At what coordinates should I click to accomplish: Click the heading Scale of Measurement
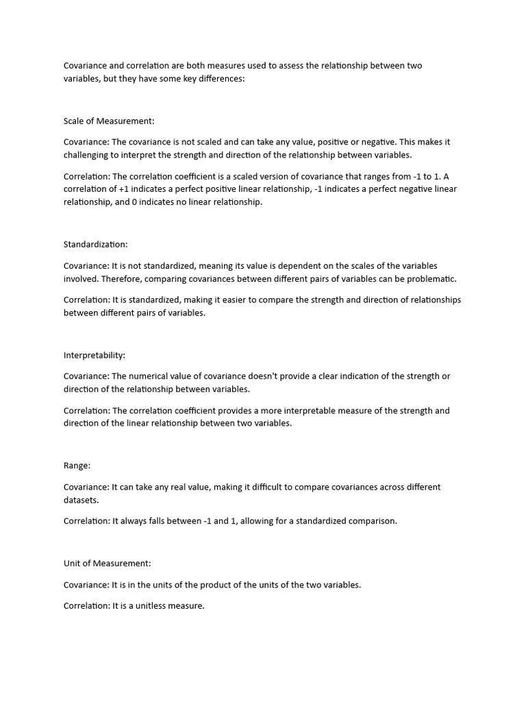pos(109,121)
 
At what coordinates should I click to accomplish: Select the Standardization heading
pos(96,244)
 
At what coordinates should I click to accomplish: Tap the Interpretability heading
pos(95,355)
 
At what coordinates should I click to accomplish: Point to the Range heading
pos(77,465)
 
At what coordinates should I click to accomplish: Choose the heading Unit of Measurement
pos(107,564)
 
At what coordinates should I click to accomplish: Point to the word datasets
pos(82,500)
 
